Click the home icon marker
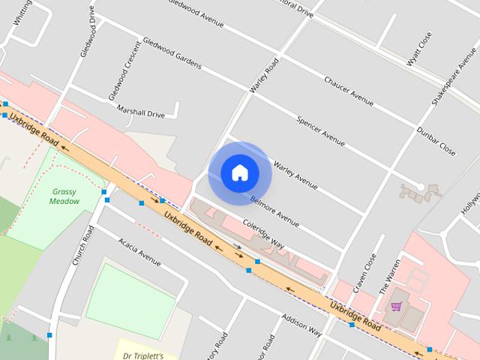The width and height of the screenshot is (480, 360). click(x=239, y=172)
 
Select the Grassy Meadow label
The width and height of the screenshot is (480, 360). click(x=64, y=196)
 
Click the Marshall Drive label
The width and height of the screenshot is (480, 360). click(x=140, y=112)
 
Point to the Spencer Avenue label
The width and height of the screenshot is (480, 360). click(x=320, y=130)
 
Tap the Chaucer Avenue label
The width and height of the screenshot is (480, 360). click(x=349, y=91)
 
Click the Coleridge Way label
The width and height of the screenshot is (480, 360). click(x=262, y=233)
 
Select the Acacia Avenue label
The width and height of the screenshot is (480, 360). click(x=139, y=251)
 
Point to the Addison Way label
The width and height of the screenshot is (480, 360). click(x=301, y=325)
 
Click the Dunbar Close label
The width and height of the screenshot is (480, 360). click(x=436, y=141)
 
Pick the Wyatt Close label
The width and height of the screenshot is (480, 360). click(x=420, y=49)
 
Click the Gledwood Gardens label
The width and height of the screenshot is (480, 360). click(x=172, y=54)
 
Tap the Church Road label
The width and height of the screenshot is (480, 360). click(x=83, y=247)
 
